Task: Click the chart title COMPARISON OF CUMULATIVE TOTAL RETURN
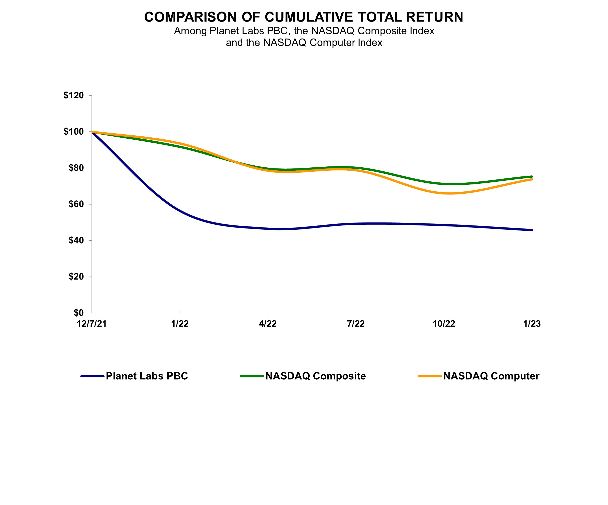coord(304,17)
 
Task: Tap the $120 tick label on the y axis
coord(74,95)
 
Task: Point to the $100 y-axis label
coord(74,132)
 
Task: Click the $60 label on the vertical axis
coord(76,204)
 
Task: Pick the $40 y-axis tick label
coord(76,240)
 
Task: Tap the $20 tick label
coord(76,277)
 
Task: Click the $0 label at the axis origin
coord(79,313)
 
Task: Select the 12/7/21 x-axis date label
coord(92,324)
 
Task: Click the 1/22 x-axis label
coord(180,324)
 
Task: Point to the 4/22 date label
coord(268,324)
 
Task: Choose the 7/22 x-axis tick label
coord(356,324)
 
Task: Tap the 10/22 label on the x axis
coord(444,324)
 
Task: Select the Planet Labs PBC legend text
coord(147,376)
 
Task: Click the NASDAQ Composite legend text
coord(316,376)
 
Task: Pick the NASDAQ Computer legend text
coord(491,376)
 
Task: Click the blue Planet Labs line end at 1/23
coord(531,230)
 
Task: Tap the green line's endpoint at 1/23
coord(531,176)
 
